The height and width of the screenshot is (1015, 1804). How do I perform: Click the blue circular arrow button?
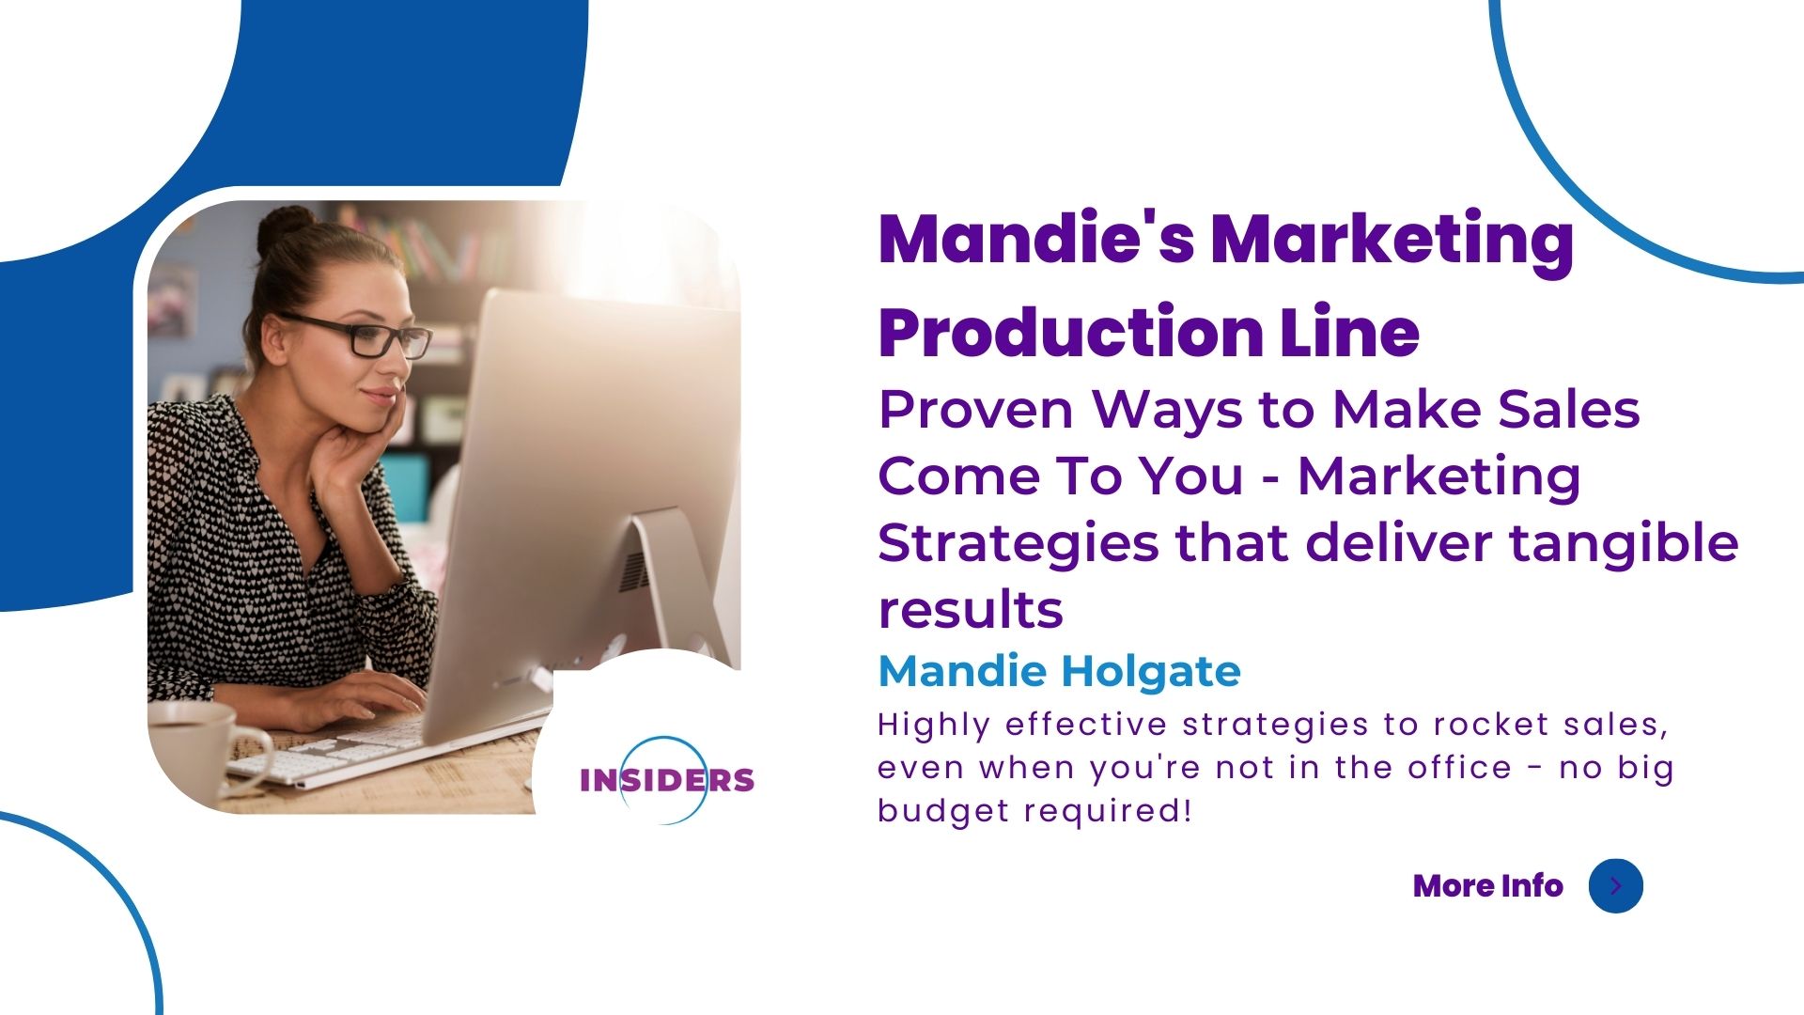click(1615, 885)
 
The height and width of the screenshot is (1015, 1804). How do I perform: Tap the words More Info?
click(1487, 885)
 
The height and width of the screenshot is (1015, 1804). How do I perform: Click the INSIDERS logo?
click(666, 780)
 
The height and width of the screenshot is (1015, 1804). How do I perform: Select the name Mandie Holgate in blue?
click(1059, 671)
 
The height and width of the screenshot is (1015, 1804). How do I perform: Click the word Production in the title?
click(1070, 333)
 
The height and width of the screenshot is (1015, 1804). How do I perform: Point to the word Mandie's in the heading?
click(1035, 239)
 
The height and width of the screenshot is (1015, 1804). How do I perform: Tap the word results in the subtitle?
click(971, 610)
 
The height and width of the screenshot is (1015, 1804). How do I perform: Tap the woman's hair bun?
click(285, 226)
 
